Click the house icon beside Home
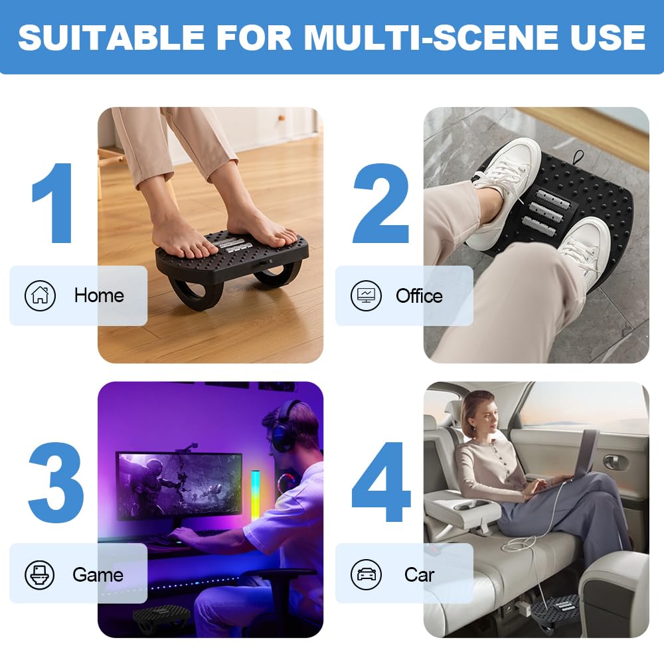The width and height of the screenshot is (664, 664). pos(40,295)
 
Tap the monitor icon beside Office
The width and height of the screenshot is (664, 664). pos(366,295)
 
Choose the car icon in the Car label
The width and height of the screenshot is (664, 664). pos(366,574)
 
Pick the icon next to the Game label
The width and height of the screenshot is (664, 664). pos(40,574)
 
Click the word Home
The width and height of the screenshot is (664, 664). pos(99,295)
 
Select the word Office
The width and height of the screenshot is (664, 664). pos(419,295)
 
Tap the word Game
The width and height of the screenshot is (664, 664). pos(98,574)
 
